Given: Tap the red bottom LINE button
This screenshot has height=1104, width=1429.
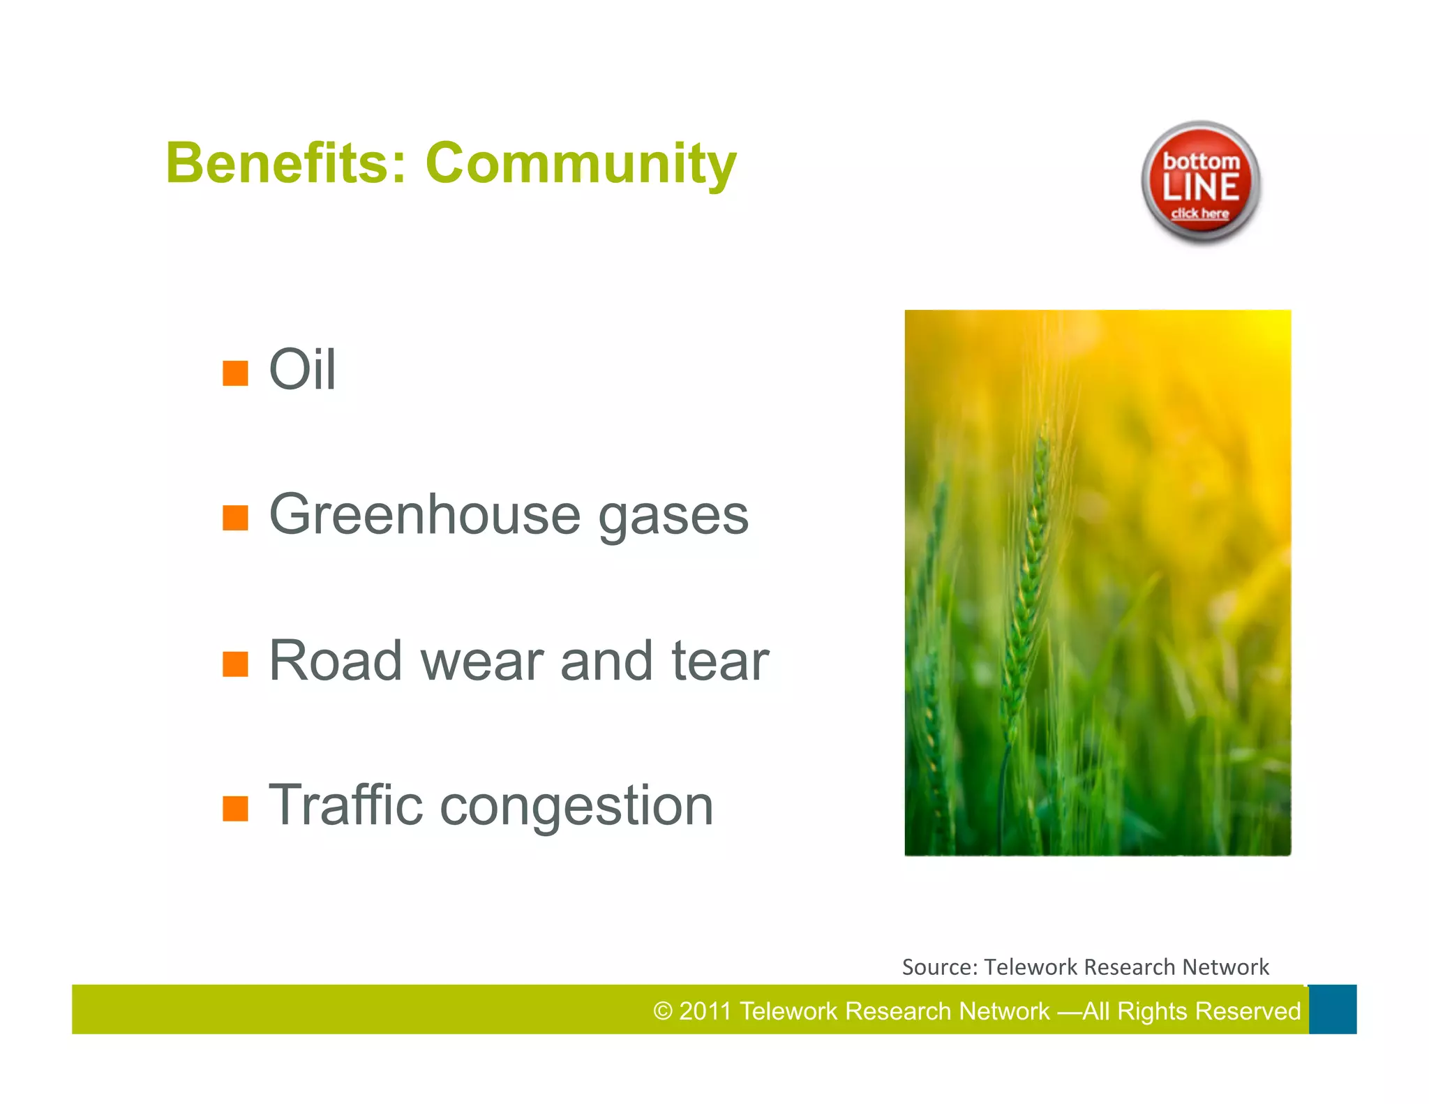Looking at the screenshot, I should (x=1200, y=181).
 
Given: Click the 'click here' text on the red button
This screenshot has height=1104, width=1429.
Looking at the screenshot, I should (x=1200, y=214).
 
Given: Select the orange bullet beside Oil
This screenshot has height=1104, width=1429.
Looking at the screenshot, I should (x=235, y=373).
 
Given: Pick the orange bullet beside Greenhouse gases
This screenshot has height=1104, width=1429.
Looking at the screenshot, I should (x=235, y=518).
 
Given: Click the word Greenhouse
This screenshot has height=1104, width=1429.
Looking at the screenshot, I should (x=424, y=515).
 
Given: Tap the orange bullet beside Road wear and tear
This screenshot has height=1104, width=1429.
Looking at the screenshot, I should (x=235, y=664).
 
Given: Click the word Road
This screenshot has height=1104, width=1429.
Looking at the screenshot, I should (x=335, y=660).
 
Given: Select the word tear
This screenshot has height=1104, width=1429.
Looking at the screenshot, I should (x=719, y=660).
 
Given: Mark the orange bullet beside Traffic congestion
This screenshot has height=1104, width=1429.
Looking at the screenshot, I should (x=235, y=809).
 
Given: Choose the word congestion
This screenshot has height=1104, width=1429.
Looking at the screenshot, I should (x=576, y=808).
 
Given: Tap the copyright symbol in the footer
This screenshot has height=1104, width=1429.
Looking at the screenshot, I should (x=662, y=1011).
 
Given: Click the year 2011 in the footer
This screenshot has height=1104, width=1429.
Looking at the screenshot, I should (x=705, y=1011).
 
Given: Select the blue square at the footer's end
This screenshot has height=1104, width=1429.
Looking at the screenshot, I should (x=1332, y=1009).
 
